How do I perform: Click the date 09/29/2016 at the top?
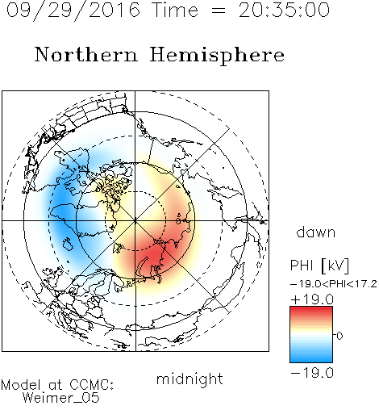point(73,10)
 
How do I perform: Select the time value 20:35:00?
point(284,10)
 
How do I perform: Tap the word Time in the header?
point(175,10)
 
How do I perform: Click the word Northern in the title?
point(86,54)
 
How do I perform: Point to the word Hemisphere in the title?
point(217,56)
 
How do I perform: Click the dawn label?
point(316,232)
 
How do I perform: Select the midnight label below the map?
point(189,379)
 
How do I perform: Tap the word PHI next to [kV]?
point(302,266)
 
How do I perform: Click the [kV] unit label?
point(335,266)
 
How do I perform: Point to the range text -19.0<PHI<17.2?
point(334,284)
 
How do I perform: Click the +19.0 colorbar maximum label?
point(312,299)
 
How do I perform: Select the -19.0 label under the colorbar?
point(312,373)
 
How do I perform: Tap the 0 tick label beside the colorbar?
point(339,336)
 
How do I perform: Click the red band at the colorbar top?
point(311,310)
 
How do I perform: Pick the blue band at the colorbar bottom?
point(311,359)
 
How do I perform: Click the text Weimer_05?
point(61,397)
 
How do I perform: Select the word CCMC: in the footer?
point(92,385)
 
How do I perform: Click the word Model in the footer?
point(21,385)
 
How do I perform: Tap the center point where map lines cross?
point(135,221)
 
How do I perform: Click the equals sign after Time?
point(219,10)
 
